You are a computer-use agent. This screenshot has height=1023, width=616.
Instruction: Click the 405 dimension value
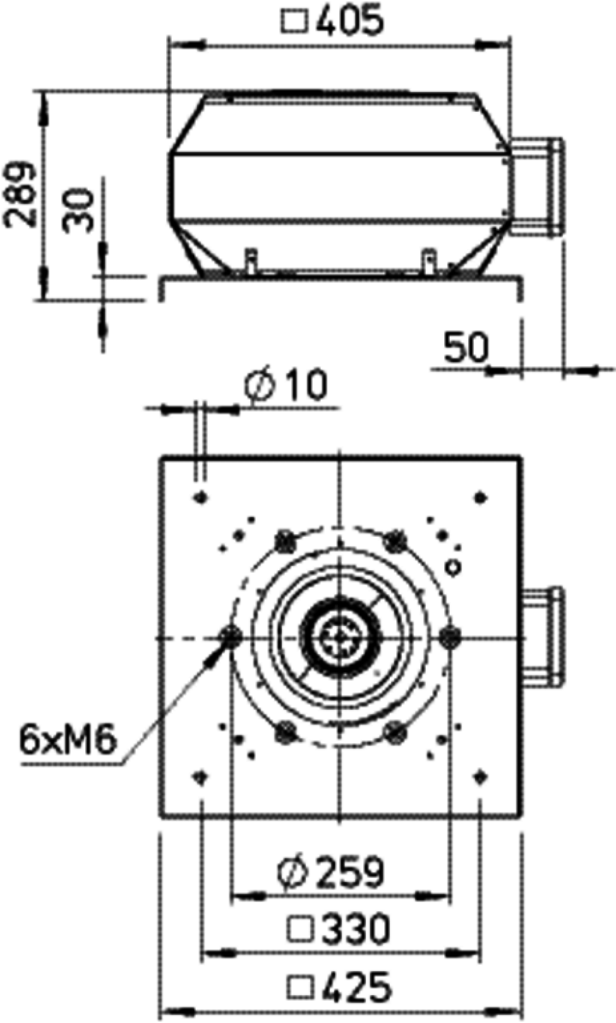348,21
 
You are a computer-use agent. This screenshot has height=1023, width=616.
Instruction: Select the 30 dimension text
78,211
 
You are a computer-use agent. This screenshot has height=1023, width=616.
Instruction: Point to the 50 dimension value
466,348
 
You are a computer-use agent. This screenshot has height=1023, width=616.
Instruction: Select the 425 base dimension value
340,985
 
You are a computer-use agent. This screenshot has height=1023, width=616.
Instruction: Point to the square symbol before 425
301,986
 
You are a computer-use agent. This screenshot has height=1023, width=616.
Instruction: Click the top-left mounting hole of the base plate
201,497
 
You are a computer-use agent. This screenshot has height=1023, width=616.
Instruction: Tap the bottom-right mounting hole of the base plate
480,775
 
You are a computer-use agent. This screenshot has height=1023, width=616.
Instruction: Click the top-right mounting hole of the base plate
480,497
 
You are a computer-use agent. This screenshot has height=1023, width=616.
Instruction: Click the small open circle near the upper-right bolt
454,567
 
